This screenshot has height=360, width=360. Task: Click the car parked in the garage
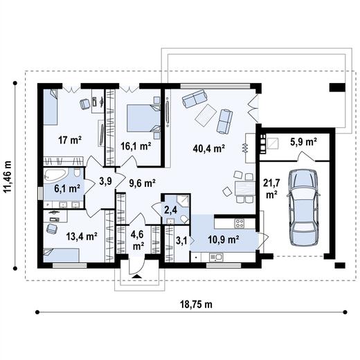[304, 208]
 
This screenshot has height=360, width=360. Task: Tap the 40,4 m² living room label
[209, 149]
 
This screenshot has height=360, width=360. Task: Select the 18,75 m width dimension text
[196, 305]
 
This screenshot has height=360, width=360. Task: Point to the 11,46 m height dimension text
[8, 177]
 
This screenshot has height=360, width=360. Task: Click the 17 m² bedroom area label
[70, 140]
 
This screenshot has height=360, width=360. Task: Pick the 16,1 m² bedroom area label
[136, 146]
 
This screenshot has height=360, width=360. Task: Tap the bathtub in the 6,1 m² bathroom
[56, 174]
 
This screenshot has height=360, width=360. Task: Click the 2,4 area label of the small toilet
[170, 210]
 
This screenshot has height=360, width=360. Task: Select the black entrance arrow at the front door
[136, 276]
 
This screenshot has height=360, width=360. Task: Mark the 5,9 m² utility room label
[303, 142]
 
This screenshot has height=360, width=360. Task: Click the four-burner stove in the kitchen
[240, 224]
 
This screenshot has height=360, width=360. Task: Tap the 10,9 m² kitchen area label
[224, 240]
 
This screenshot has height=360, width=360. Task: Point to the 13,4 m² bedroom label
[82, 236]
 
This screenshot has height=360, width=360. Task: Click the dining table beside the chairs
[245, 188]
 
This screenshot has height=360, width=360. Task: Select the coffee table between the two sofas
[206, 115]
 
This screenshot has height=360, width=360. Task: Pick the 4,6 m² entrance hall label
[137, 240]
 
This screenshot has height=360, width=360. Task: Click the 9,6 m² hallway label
[142, 183]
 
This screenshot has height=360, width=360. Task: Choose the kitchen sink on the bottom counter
[215, 258]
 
